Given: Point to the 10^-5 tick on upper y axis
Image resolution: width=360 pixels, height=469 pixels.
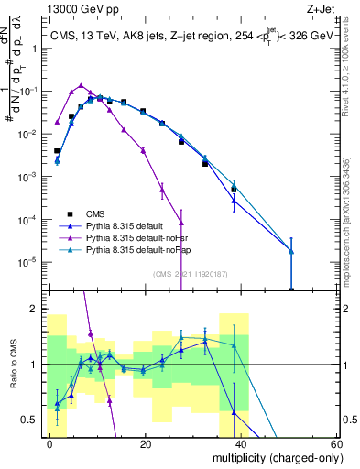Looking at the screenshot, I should (x=28, y=262).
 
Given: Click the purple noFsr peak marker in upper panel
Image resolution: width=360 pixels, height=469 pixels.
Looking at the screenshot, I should (x=81, y=85).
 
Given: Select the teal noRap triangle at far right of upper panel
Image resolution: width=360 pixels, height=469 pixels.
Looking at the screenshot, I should (x=290, y=251).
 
